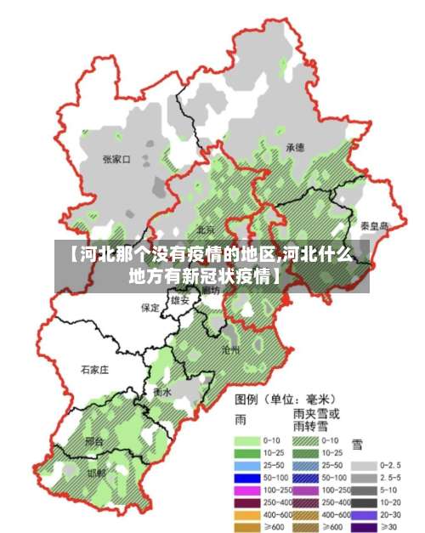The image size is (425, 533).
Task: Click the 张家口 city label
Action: [116, 159]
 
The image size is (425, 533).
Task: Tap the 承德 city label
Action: [295, 147]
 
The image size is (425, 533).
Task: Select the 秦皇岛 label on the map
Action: [374, 226]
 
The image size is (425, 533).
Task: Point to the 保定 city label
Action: [150, 308]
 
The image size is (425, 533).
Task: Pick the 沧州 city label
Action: [230, 349]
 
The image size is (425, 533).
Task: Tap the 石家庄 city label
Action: [95, 371]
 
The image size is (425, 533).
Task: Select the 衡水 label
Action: [162, 393]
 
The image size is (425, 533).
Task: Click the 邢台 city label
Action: [95, 442]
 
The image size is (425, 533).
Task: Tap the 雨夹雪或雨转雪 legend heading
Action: [315, 419]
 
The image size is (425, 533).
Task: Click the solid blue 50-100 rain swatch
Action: [247, 479]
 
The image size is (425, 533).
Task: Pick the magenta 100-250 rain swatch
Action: [247, 490]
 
